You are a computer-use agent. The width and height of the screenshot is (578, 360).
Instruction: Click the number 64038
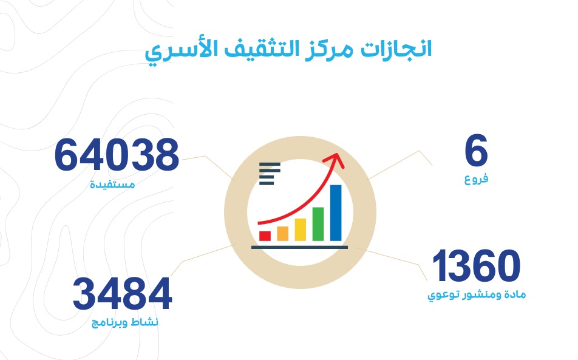coord(117,155)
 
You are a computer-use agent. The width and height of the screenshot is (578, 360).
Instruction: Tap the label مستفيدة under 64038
coord(112,184)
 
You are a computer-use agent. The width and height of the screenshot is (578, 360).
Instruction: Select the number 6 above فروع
coord(476,151)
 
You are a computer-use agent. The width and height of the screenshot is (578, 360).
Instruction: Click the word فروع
coord(476,180)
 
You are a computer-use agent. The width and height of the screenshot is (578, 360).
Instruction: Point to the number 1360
coord(476,266)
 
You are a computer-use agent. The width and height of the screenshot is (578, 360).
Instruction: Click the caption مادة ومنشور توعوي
coord(477,295)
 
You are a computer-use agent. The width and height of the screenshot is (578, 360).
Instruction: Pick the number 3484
coord(123,294)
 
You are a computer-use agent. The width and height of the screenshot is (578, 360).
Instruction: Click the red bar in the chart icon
coord(265,236)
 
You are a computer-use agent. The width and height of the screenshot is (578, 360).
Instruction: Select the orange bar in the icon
coord(283,234)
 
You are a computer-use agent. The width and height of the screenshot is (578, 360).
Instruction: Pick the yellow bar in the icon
coord(301,229)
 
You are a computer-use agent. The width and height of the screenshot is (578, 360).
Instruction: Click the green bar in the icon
coord(318,224)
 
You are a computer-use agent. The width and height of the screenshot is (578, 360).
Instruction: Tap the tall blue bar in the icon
coord(336,213)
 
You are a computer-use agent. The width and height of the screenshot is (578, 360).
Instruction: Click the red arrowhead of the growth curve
coord(335,160)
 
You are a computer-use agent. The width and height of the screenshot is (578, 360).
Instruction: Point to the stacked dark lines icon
coord(270,174)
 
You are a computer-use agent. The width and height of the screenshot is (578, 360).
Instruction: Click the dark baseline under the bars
coord(300,247)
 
